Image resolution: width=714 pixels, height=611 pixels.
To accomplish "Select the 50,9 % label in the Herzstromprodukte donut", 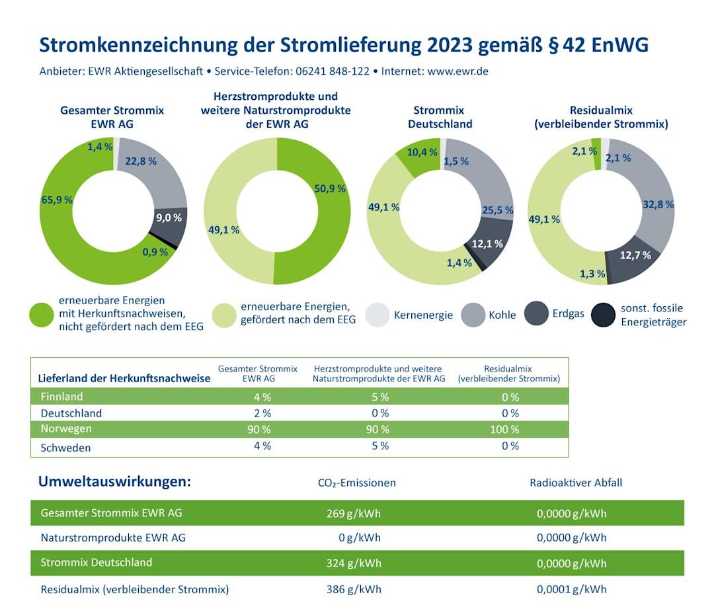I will [x=330, y=188].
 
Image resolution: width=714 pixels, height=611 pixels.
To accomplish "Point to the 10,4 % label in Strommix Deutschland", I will [x=421, y=153].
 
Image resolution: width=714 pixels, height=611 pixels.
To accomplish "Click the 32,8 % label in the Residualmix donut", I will [x=658, y=204].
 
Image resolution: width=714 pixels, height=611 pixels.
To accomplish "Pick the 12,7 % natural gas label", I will [x=635, y=255].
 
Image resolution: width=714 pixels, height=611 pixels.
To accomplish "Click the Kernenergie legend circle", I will [x=377, y=315].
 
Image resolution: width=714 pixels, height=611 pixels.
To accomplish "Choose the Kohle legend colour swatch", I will [x=473, y=315].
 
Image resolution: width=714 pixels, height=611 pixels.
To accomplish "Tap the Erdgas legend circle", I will [x=536, y=313].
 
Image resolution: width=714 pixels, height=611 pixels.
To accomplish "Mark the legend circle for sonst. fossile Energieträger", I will [x=604, y=315].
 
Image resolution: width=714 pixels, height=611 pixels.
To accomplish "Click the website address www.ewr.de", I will [x=457, y=71].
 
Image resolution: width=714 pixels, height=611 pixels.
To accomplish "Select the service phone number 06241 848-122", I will [x=328, y=71].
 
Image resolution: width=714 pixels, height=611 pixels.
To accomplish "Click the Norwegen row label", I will [x=66, y=428].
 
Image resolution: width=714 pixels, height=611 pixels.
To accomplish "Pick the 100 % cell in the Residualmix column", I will [x=505, y=430].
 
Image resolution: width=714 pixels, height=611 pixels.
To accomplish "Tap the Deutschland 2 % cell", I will [x=262, y=413].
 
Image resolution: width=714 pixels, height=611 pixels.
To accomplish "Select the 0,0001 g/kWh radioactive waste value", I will [x=571, y=589].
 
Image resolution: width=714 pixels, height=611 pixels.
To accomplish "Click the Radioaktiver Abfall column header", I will [x=576, y=483].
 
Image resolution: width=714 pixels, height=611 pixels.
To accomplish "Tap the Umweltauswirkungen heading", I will [x=115, y=481].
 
